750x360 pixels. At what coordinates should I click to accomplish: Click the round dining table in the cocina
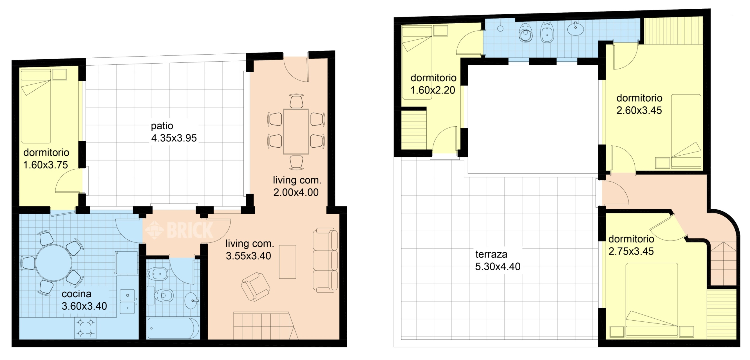tap(53, 263)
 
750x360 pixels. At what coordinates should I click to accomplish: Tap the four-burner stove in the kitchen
tap(85, 327)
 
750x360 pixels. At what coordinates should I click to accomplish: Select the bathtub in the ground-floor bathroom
tap(173, 328)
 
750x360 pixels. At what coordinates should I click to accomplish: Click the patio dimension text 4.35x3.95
tap(174, 138)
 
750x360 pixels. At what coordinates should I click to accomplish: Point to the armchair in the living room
tap(256, 287)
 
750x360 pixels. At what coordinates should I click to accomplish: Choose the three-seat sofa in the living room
tap(325, 260)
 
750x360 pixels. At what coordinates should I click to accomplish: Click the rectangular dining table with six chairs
tap(296, 132)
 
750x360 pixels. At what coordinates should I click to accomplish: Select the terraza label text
tap(491, 254)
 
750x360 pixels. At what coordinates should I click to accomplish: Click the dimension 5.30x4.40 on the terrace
tap(498, 267)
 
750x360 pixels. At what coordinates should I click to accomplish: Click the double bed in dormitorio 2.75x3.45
tap(652, 300)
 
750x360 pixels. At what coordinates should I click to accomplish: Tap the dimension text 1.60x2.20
tap(433, 90)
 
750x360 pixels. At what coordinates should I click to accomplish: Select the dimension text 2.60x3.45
tap(639, 110)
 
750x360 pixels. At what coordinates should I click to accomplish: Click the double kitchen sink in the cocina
tap(127, 301)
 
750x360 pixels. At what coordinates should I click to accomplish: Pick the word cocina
tap(77, 294)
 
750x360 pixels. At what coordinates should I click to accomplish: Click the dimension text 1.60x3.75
tap(45, 165)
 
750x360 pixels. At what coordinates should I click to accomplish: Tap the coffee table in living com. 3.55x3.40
tap(287, 262)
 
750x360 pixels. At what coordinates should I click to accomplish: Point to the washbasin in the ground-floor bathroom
tap(191, 300)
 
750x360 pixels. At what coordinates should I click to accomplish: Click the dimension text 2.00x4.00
tap(296, 192)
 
